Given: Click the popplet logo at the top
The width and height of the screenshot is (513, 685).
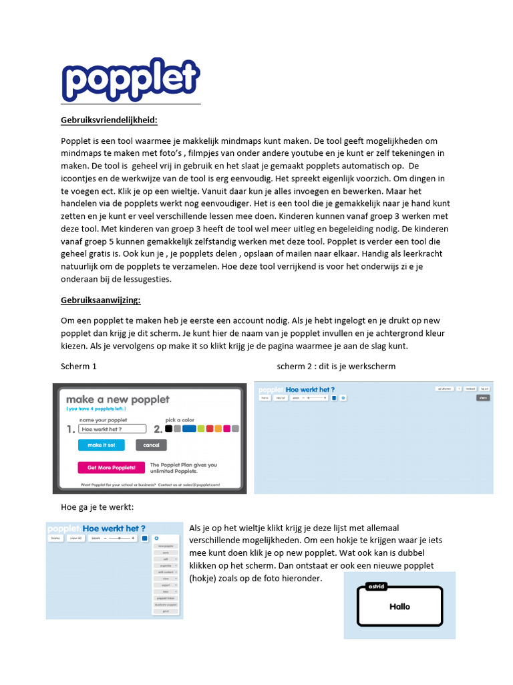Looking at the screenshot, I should pyautogui.click(x=130, y=79).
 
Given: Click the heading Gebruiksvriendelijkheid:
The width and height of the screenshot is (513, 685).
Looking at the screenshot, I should pyautogui.click(x=110, y=120).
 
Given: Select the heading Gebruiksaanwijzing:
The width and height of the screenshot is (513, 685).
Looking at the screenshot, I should pyautogui.click(x=101, y=300).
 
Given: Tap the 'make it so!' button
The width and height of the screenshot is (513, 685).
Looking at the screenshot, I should pyautogui.click(x=101, y=445).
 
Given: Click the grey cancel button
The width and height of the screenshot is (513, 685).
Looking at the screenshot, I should pyautogui.click(x=151, y=445).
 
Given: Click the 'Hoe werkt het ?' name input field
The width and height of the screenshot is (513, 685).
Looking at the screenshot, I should pyautogui.click(x=112, y=429).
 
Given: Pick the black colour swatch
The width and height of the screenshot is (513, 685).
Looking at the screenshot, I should pyautogui.click(x=169, y=429).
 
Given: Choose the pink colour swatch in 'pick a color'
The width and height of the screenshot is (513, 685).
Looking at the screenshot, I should pyautogui.click(x=227, y=429).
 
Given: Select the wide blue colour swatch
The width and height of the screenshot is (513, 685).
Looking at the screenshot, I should pyautogui.click(x=189, y=429).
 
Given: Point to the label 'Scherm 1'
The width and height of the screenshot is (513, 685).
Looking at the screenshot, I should pyautogui.click(x=79, y=367).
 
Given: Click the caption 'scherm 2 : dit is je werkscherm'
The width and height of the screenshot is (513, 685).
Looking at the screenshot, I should pyautogui.click(x=336, y=367).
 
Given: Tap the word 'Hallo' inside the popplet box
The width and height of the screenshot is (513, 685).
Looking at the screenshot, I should pyautogui.click(x=399, y=607).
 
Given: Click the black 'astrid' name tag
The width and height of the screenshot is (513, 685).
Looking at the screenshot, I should pyautogui.click(x=377, y=587).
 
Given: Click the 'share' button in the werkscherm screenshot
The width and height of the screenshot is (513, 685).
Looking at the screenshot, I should pyautogui.click(x=482, y=397).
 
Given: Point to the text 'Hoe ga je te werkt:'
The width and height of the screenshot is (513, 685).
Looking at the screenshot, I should pyautogui.click(x=97, y=507).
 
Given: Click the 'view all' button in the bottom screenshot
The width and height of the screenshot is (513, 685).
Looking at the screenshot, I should pyautogui.click(x=75, y=537).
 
